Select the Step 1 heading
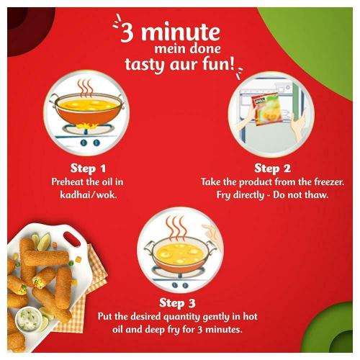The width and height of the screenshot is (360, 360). (88, 168)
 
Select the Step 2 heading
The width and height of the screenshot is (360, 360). (272, 168)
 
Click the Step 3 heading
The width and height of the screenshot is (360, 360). (177, 302)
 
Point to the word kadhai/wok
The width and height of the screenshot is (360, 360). (89, 194)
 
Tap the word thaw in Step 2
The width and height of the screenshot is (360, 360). (315, 194)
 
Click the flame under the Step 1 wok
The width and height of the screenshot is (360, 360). (88, 125)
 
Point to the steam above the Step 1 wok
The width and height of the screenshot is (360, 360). (85, 87)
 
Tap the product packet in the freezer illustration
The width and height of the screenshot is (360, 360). (265, 109)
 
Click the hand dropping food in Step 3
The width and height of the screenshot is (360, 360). (211, 232)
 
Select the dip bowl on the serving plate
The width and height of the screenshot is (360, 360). (29, 319)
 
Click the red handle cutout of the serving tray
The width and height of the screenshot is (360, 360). (72, 238)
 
